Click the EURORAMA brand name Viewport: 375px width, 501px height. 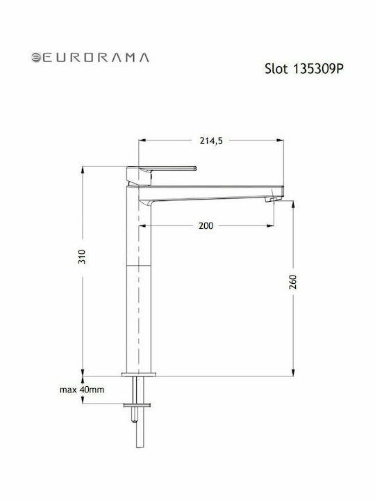(x=96, y=58)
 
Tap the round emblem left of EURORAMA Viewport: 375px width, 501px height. (x=35, y=58)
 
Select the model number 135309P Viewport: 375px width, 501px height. (x=317, y=69)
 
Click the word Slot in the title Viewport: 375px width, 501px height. (x=276, y=69)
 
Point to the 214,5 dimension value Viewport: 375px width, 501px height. (x=211, y=141)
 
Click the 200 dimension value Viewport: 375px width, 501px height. (x=206, y=225)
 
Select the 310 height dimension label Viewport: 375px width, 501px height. (x=82, y=257)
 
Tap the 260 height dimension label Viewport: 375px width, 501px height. (x=293, y=282)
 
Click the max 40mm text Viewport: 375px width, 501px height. (x=82, y=390)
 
